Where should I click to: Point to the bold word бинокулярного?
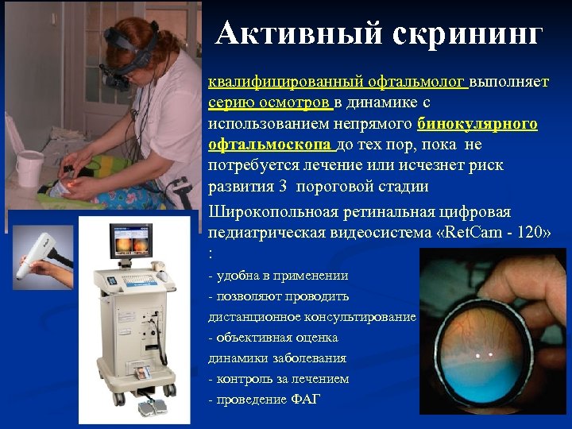477,125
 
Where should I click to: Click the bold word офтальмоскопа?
271,145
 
